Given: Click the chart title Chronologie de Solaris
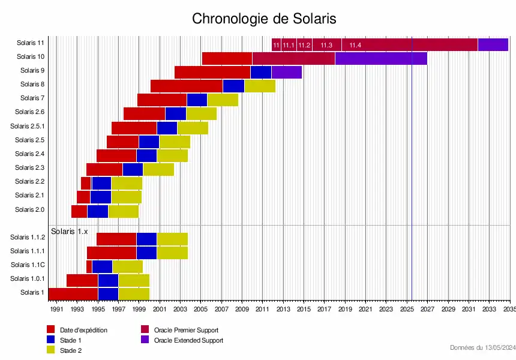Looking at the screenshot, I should coord(264,19).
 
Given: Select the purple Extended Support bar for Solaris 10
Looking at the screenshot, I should coord(381,58).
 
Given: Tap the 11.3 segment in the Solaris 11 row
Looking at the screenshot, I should coord(326,44).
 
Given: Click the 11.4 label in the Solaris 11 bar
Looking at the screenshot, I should coord(355,45).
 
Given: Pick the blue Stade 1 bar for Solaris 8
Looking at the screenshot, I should coord(233,86).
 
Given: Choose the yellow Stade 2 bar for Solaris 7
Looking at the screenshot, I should coord(223,100).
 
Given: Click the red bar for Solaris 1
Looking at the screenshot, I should coord(73,293).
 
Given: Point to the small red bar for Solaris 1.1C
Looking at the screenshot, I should coord(89,266).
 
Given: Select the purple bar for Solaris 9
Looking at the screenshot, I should coord(287,72).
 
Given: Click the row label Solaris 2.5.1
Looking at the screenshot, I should coord(27,126).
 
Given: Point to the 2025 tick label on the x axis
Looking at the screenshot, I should coord(407,310).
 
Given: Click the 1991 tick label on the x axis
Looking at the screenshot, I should coord(56,310).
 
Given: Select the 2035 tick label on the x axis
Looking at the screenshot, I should coord(509,310).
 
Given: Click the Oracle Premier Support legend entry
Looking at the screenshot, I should coord(186,330).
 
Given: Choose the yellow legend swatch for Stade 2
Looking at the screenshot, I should coord(51,350).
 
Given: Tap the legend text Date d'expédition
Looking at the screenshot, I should coord(83,330).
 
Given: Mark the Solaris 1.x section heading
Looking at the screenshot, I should coord(69,231).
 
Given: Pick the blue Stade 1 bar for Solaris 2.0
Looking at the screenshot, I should coord(98,211).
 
